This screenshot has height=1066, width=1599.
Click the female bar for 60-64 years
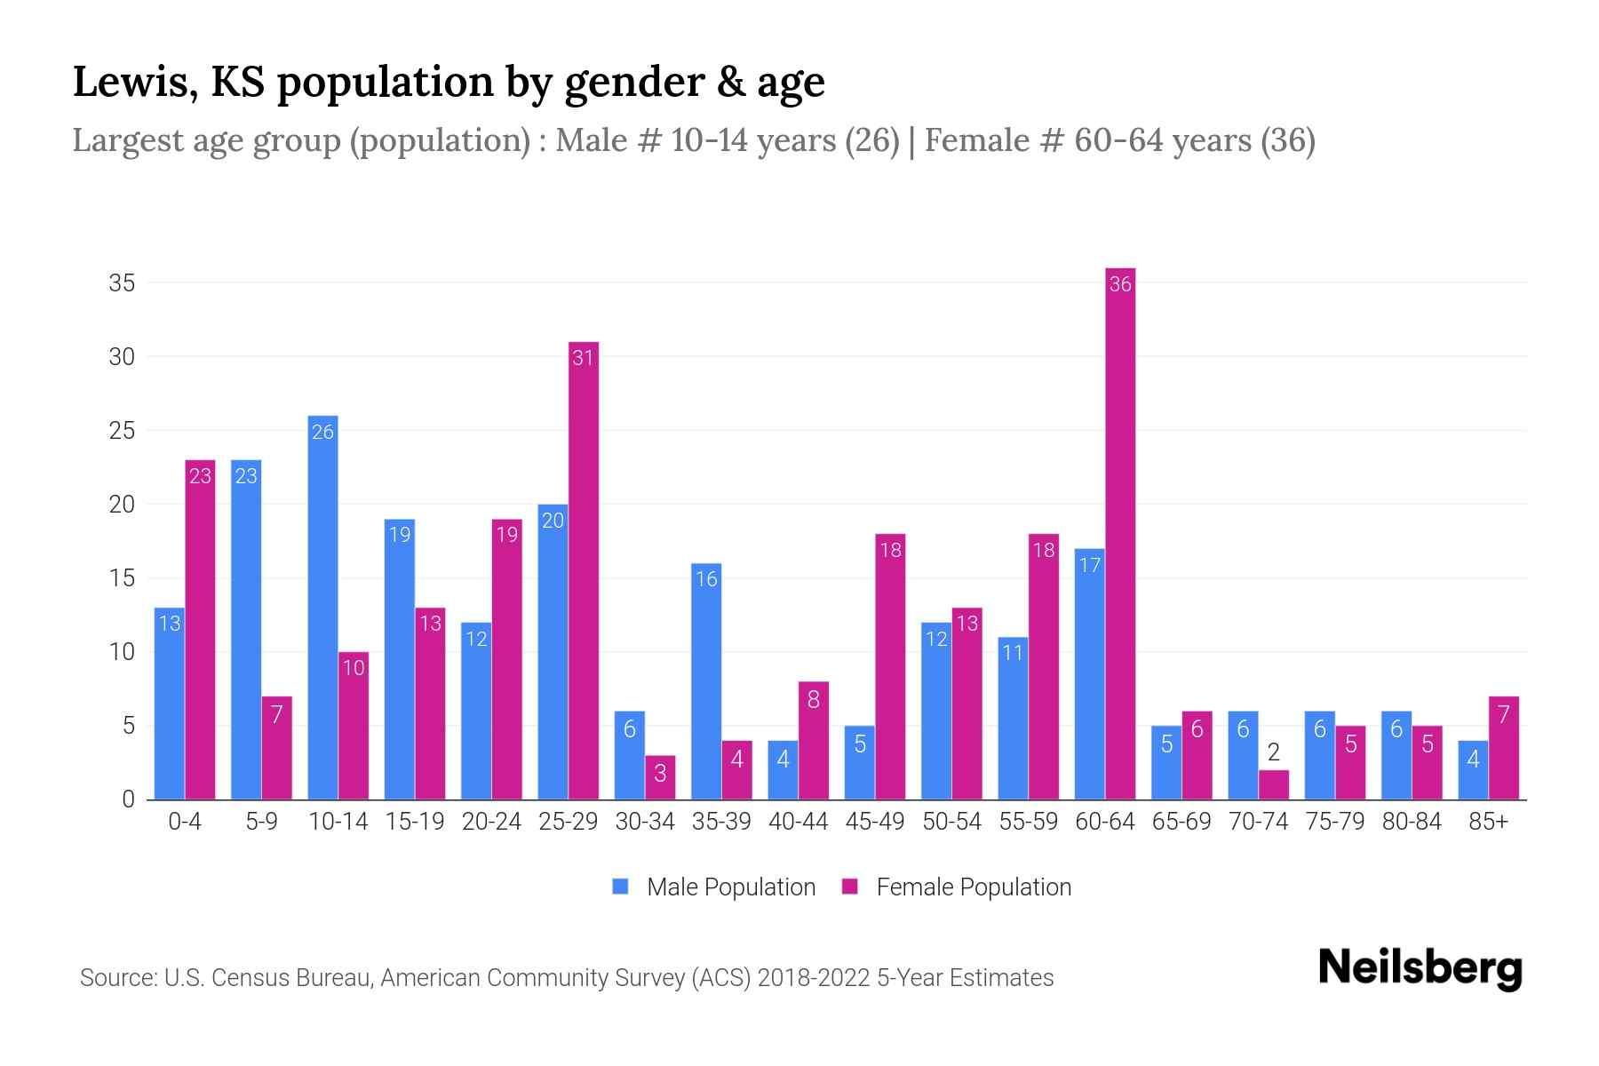[x=1120, y=533]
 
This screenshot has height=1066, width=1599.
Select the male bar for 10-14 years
[x=322, y=608]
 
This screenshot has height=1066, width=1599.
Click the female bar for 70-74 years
[x=1273, y=785]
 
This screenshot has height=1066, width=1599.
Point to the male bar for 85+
[x=1473, y=770]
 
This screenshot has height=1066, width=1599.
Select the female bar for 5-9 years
[x=276, y=748]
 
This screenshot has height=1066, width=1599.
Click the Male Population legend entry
[x=714, y=887]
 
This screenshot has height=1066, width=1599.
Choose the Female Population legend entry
[x=957, y=887]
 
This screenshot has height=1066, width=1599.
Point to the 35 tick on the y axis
[x=122, y=283]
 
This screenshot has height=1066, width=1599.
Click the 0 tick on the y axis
[x=128, y=799]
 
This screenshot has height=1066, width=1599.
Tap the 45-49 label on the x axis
[x=875, y=822]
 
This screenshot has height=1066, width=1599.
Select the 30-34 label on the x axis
[x=645, y=822]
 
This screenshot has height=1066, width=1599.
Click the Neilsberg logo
[x=1420, y=968]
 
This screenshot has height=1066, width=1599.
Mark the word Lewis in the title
[x=129, y=82]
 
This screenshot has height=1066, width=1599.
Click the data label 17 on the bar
[x=1090, y=565]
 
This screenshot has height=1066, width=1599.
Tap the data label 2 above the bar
[x=1273, y=753]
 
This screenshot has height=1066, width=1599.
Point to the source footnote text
[x=566, y=978]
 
